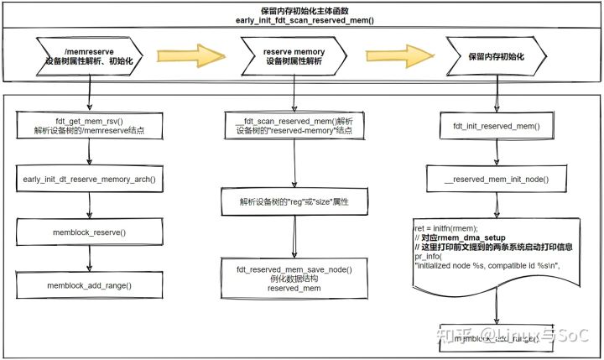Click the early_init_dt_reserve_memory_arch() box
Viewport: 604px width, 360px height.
click(x=89, y=180)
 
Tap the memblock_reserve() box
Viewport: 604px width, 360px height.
click(x=89, y=229)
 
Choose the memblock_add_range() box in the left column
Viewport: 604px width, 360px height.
click(x=89, y=285)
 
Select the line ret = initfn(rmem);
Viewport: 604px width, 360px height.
click(x=445, y=227)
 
